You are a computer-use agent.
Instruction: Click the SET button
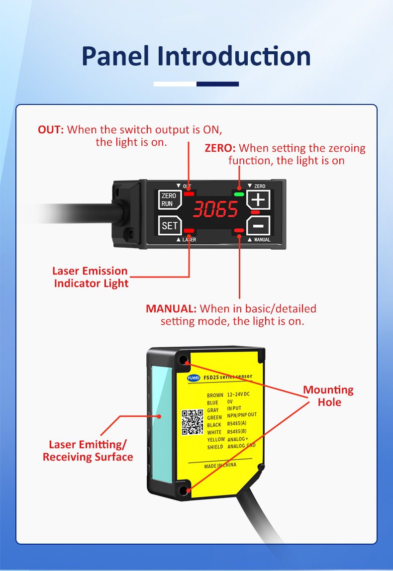click(169, 225)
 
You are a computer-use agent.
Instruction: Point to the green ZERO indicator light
click(239, 194)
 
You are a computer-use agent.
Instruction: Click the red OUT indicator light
click(189, 193)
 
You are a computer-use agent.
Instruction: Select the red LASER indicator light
click(190, 230)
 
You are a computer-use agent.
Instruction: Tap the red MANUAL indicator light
click(239, 230)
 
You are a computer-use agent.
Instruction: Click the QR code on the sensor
click(192, 421)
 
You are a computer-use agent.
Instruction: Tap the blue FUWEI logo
click(193, 378)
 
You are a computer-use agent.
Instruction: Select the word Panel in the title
click(115, 56)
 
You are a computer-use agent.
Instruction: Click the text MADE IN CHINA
click(220, 466)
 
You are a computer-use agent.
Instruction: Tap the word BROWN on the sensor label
click(215, 395)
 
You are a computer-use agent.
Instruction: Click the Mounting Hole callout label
click(329, 395)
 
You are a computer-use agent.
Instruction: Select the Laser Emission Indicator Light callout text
click(91, 277)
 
